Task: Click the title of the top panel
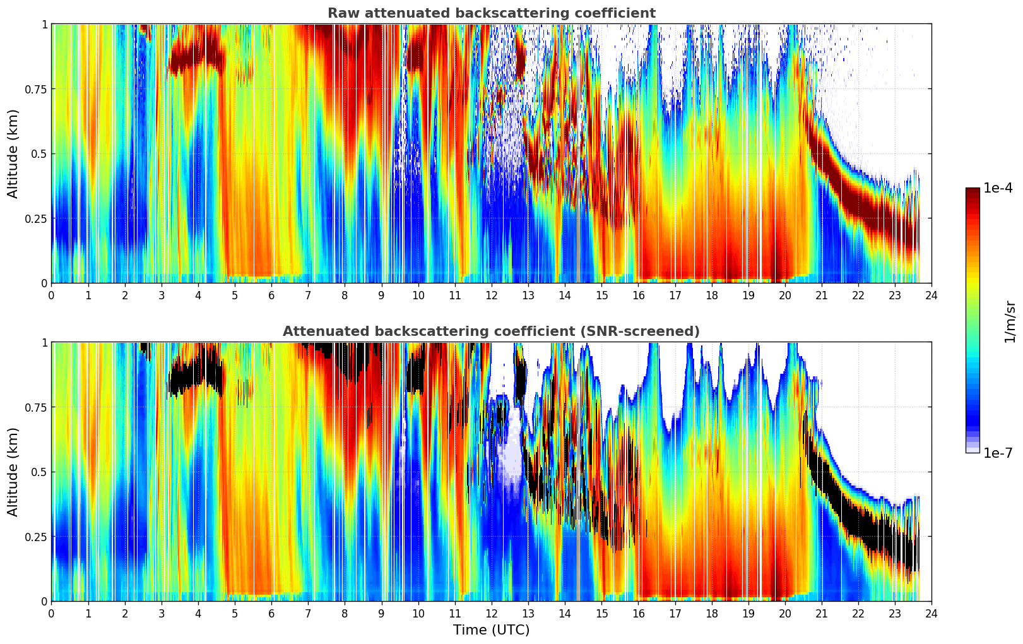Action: pos(491,13)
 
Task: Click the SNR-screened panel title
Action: pos(491,331)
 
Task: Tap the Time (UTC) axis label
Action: pos(491,630)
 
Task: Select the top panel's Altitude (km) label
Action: pos(13,153)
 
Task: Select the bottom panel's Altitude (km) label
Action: pos(13,472)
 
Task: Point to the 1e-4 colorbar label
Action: pos(997,189)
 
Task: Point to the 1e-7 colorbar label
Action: pos(997,453)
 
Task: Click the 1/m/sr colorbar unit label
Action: pos(1010,321)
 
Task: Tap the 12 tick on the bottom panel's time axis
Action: pos(491,614)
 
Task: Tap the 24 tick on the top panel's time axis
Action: pos(931,295)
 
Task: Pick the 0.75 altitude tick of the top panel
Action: pos(35,89)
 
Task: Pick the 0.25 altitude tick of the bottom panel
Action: pos(35,537)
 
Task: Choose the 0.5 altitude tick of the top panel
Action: pos(39,153)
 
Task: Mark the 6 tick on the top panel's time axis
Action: pos(271,295)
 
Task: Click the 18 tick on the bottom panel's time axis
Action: pos(711,614)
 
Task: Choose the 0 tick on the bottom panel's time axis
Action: pos(52,614)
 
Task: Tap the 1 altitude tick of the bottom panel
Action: pos(44,342)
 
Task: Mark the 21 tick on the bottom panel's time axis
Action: pos(821,614)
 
